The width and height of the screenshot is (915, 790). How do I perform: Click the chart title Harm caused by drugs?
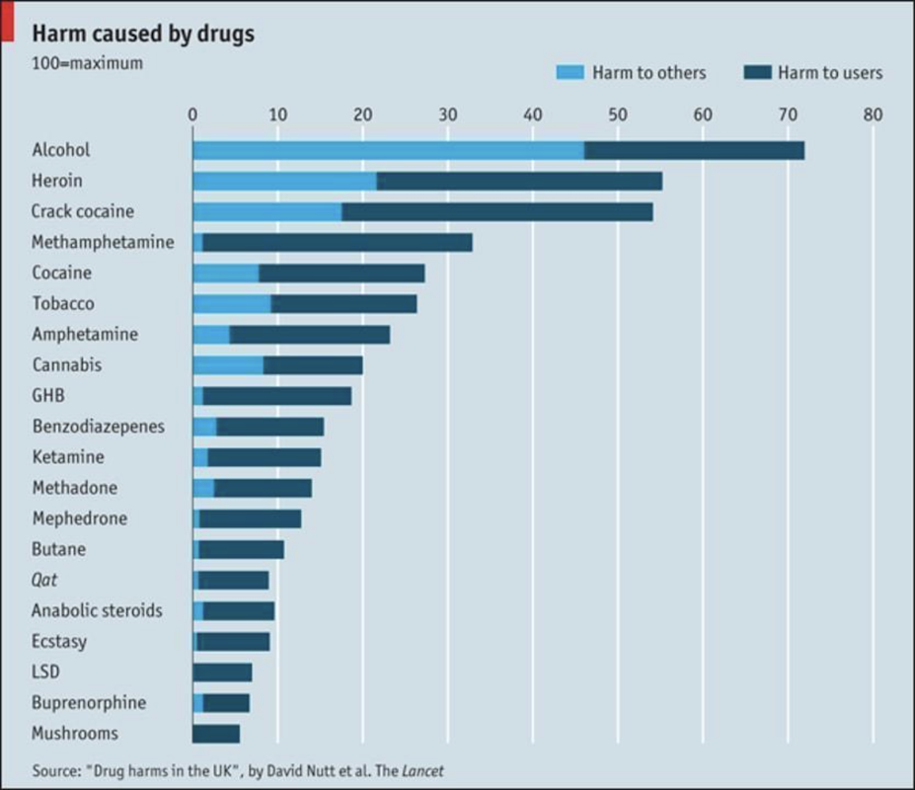[x=143, y=34]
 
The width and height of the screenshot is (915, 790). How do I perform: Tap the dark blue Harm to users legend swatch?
[x=755, y=72]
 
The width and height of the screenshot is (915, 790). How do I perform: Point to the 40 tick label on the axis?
[x=533, y=115]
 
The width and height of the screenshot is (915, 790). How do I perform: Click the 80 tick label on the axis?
[x=873, y=115]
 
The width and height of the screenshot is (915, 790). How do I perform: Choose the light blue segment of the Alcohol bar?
[x=388, y=150]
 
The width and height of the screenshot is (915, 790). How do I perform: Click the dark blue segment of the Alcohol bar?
[x=694, y=150]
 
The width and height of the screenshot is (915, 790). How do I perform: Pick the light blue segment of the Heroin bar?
[x=284, y=181]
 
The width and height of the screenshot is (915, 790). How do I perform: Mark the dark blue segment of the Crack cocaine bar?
[x=497, y=211]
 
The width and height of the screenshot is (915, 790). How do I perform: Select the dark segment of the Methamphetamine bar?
[x=338, y=242]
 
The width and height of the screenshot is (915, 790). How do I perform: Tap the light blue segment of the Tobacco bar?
[x=231, y=303]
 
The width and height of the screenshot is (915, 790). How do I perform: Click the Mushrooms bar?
[x=216, y=733]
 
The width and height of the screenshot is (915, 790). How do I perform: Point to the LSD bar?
[x=222, y=672]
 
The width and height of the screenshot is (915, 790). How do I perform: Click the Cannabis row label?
[x=66, y=365]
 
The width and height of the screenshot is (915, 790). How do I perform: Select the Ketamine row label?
[x=67, y=457]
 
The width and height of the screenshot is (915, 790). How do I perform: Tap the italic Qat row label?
[x=44, y=581]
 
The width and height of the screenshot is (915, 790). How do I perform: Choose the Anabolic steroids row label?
[x=97, y=610]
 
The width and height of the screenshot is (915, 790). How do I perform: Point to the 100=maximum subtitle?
[x=87, y=63]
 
